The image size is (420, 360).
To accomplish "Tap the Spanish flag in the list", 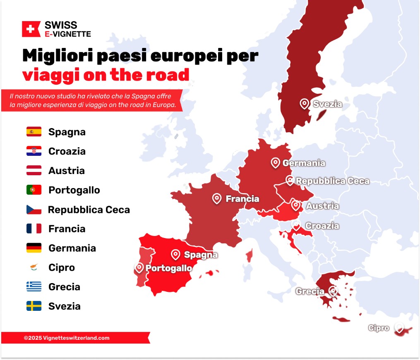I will [34, 132].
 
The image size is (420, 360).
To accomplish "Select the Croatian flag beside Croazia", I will [34, 151].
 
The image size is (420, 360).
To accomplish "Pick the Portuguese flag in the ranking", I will [34, 190].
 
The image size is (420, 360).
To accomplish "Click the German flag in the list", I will [34, 248].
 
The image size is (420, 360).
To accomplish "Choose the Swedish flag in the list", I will [34, 306].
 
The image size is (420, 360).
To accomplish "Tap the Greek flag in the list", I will [34, 287].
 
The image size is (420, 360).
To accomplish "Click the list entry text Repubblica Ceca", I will [89, 210].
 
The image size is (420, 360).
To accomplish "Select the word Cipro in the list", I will [62, 267].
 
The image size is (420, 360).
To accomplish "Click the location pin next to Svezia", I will [305, 103].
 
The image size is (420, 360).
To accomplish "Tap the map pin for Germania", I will [276, 162].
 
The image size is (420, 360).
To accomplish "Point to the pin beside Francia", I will [217, 198].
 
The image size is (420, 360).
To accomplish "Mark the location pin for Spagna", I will [176, 254].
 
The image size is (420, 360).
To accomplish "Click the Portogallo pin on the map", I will [139, 267].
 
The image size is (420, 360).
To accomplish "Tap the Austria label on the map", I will [322, 206].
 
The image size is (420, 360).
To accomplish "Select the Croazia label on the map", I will [322, 226].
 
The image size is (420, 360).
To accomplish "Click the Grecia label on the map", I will [310, 291].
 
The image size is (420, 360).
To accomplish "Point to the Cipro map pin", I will [399, 327].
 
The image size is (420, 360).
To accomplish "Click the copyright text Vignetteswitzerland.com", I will [67, 338].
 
